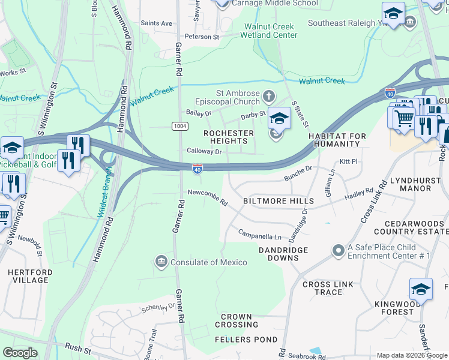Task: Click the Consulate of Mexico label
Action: [209, 262]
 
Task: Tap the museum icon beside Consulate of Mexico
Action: [161, 261]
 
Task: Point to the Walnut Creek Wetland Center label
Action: [270, 31]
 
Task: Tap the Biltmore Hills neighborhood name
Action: [278, 201]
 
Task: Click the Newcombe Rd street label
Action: [208, 196]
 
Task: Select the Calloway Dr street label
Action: [204, 152]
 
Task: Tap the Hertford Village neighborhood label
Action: [28, 276]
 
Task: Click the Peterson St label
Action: [202, 37]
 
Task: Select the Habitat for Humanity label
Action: [337, 140]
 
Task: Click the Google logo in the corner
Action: [20, 353]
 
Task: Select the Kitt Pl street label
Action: [348, 162]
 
